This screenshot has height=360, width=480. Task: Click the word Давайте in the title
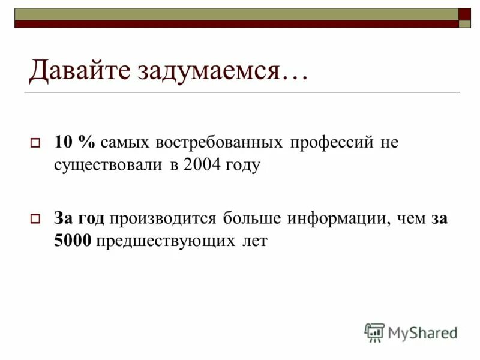click(x=80, y=71)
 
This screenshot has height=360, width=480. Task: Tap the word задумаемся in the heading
click(x=215, y=71)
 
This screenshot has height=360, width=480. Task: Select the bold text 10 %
click(x=75, y=143)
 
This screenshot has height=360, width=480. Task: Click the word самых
click(x=126, y=143)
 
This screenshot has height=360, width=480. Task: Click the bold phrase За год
click(x=79, y=218)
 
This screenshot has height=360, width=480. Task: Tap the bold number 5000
click(x=72, y=241)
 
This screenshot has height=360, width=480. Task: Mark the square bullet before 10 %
click(x=35, y=144)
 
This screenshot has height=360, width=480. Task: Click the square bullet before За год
click(x=35, y=220)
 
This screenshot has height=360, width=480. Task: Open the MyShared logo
click(x=411, y=332)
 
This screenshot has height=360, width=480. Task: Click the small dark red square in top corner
click(x=465, y=14)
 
